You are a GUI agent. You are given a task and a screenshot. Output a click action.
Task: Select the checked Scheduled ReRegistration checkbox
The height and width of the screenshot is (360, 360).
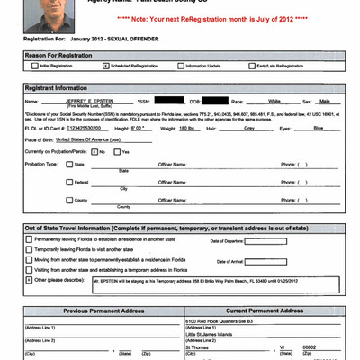click(x=105, y=67)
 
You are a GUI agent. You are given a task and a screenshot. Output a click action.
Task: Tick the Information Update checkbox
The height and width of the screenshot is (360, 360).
click(x=186, y=67)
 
